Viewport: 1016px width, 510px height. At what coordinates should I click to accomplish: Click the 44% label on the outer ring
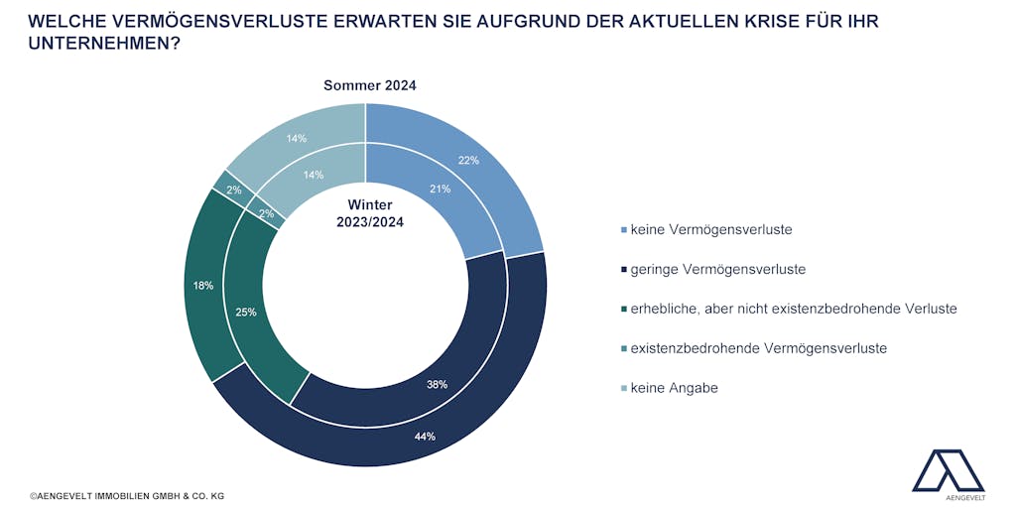click(x=425, y=437)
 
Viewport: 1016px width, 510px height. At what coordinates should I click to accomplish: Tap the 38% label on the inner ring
click(x=437, y=384)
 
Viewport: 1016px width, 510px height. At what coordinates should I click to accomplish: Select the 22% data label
click(x=468, y=160)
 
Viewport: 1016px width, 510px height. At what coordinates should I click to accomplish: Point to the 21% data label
click(x=440, y=189)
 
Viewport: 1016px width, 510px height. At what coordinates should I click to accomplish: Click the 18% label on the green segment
click(x=202, y=285)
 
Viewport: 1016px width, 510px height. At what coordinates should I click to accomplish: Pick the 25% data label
click(x=246, y=312)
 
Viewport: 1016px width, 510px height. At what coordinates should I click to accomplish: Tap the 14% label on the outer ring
click(x=296, y=138)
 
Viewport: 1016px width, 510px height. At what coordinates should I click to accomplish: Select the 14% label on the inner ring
click(x=313, y=175)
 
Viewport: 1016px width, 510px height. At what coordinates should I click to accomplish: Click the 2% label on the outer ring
click(x=234, y=190)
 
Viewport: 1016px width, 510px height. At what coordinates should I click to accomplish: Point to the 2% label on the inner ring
click(x=266, y=213)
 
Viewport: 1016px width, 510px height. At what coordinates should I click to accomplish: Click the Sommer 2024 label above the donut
click(x=370, y=85)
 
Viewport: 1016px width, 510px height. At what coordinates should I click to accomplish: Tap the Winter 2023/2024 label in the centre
click(x=370, y=213)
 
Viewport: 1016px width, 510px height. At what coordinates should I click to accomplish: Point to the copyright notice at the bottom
click(x=127, y=496)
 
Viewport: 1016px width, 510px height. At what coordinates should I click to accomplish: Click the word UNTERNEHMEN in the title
click(x=104, y=44)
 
